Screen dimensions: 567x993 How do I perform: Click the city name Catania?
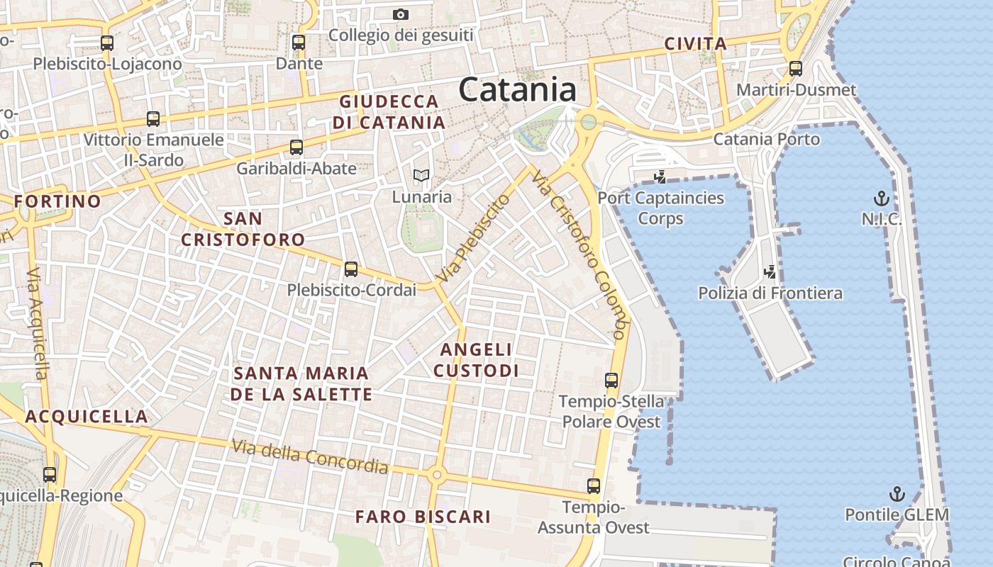click(517, 90)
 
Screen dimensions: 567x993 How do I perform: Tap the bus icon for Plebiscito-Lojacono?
click(107, 43)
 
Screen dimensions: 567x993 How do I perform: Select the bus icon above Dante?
click(299, 43)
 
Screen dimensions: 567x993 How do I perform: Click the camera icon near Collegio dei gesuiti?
click(401, 14)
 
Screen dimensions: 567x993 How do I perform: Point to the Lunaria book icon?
click(421, 175)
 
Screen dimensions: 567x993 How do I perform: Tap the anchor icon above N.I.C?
click(881, 198)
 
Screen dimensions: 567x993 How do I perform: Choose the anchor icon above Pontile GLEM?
click(897, 493)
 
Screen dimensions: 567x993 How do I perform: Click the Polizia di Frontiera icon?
click(770, 271)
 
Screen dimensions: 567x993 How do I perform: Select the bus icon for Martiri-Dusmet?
click(796, 69)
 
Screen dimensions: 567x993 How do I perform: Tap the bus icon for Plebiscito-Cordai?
click(351, 269)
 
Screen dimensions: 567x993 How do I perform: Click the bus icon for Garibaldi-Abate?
click(296, 147)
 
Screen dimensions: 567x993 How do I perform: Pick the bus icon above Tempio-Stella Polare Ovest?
click(611, 381)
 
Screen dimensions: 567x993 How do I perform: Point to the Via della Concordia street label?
click(310, 456)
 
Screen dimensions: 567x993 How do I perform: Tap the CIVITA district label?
click(696, 44)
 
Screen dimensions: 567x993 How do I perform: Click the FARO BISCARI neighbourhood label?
click(423, 517)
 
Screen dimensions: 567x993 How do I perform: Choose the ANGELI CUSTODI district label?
click(476, 360)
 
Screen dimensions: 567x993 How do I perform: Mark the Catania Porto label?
click(766, 139)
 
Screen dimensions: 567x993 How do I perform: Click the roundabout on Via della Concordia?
click(437, 475)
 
